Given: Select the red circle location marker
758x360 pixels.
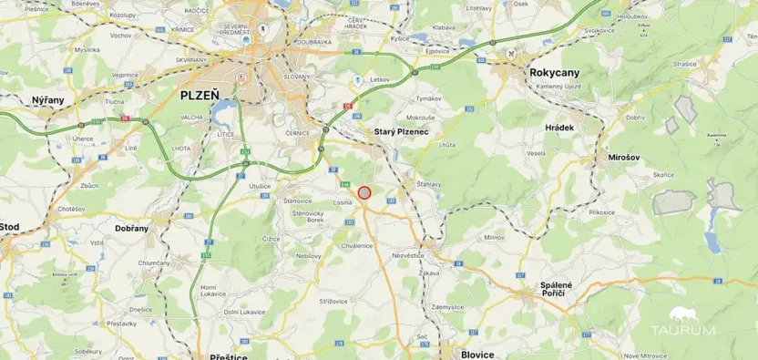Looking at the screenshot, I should point(364,192).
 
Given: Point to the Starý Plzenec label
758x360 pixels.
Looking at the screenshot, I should point(402,132).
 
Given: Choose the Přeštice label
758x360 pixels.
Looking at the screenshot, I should point(229,356).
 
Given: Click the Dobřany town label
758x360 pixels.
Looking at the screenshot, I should point(131,228).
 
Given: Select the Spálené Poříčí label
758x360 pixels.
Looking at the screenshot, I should point(556,291).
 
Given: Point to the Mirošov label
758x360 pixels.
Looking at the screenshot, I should point(625,158).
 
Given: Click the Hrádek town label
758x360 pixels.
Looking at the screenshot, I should point(559,128).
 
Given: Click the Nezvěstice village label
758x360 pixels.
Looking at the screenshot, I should point(407,255).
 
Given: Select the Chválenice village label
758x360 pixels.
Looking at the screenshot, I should point(357,245).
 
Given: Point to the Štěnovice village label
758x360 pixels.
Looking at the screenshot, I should point(299,200).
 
